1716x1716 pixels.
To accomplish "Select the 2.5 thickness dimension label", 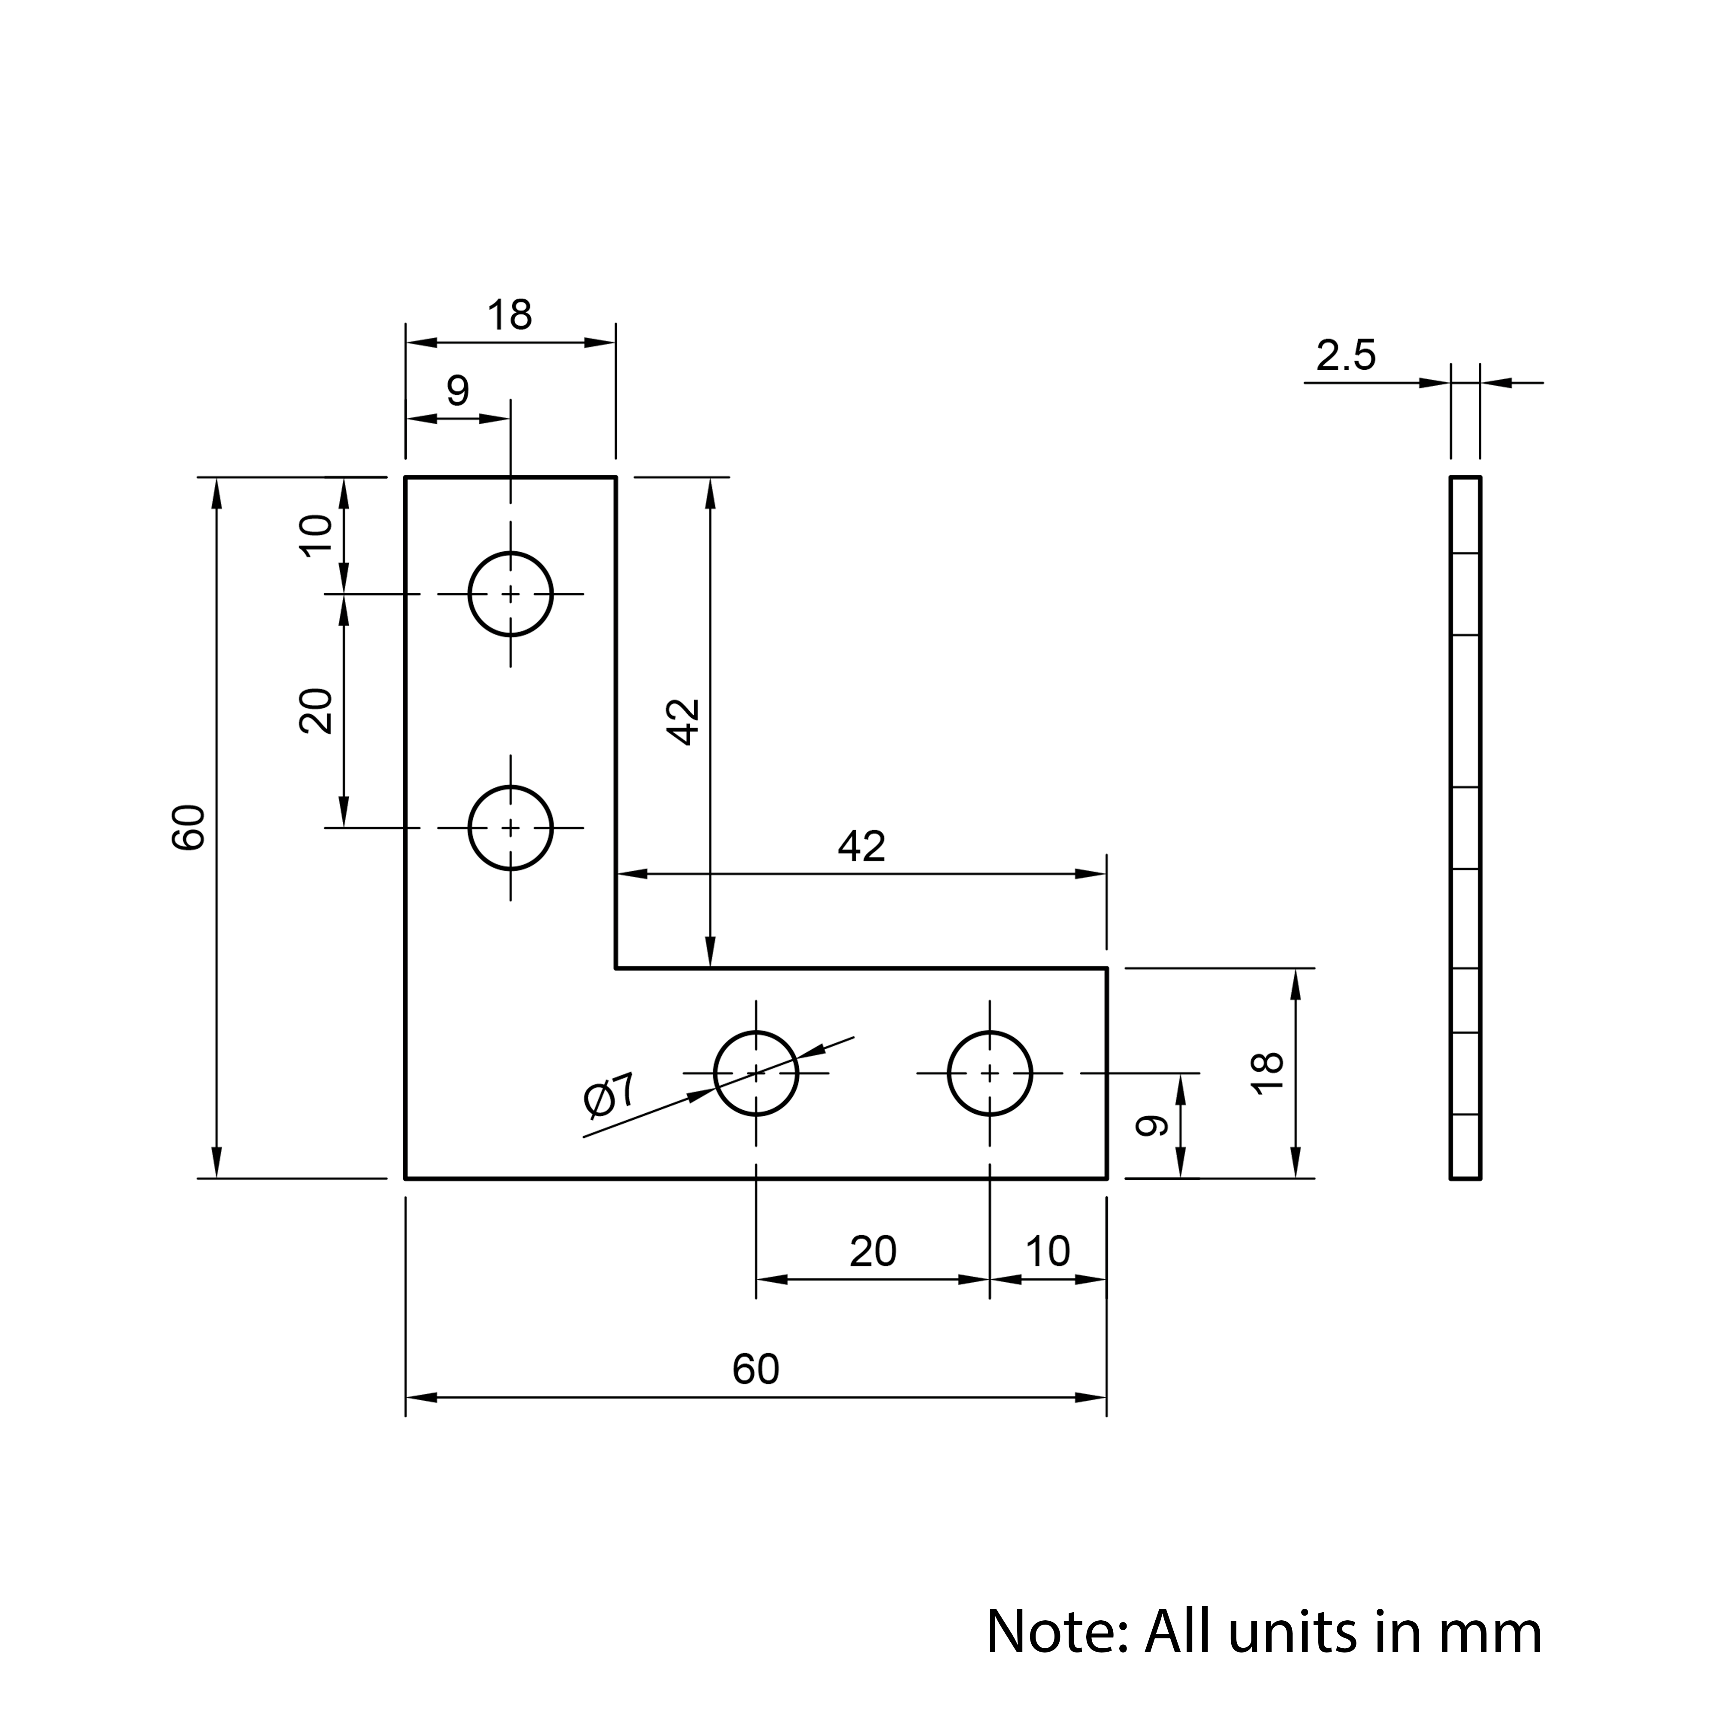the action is click(x=1346, y=355).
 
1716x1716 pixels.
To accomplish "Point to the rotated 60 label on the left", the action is click(x=188, y=828).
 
